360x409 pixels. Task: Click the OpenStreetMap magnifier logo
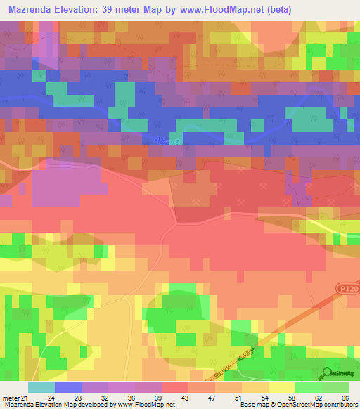(x=327, y=375)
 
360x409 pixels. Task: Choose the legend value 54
(x=269, y=398)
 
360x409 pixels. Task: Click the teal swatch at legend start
(x=41, y=387)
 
